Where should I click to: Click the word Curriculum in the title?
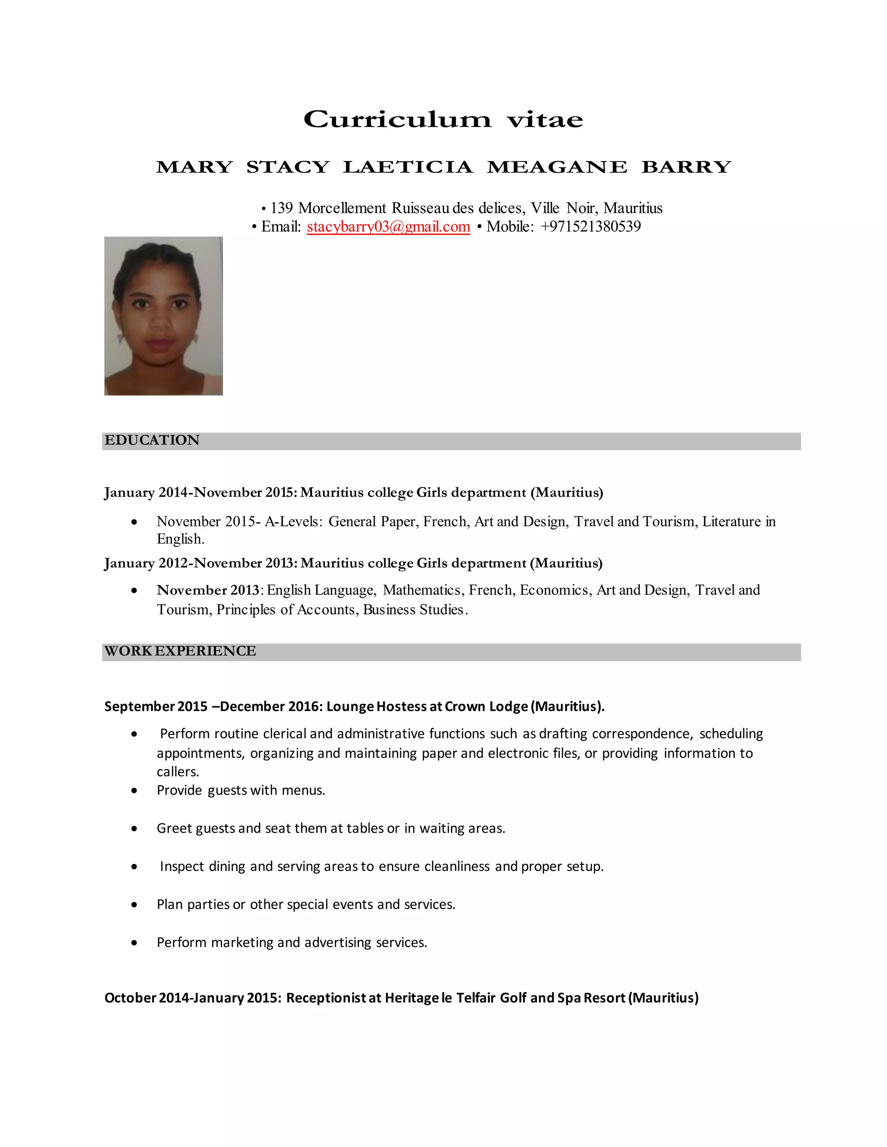tap(397, 120)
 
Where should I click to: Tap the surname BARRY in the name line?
tap(686, 167)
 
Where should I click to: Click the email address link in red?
tap(388, 226)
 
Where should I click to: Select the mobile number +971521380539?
tap(590, 226)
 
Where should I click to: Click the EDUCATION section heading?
tap(152, 440)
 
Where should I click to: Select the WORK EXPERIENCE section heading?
tap(180, 651)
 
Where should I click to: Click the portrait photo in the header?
tap(163, 316)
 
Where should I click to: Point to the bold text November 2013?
tap(208, 590)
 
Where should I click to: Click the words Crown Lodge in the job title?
tap(486, 706)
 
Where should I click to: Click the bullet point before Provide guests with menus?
tap(135, 790)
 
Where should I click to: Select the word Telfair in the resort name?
tap(476, 998)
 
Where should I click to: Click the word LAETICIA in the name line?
tap(408, 167)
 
